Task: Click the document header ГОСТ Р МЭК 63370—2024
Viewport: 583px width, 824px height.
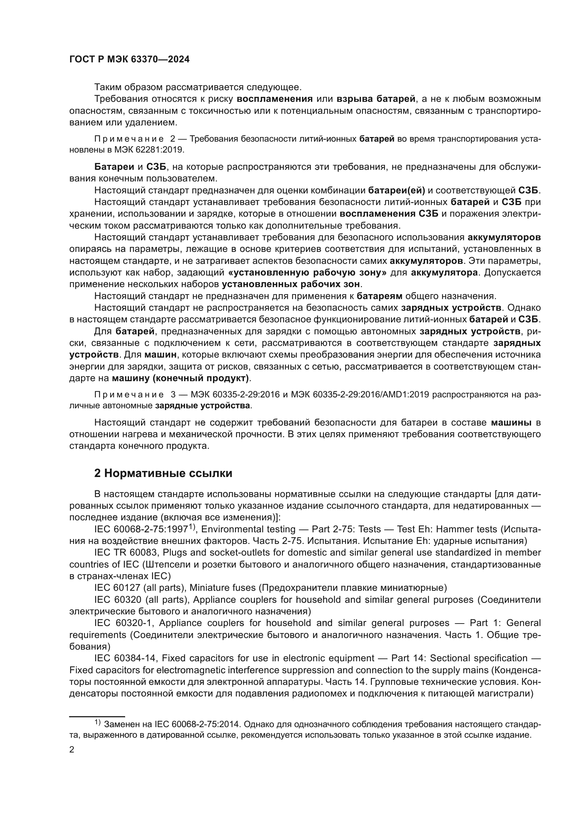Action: point(129,60)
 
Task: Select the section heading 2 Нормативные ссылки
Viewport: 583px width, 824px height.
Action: point(163,473)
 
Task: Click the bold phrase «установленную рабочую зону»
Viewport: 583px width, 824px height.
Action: point(307,272)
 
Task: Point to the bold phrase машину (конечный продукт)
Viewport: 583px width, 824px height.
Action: point(180,378)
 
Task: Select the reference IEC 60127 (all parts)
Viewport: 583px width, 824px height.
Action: point(139,588)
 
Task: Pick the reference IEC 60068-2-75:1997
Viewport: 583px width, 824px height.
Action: point(141,529)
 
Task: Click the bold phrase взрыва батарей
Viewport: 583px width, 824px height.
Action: point(376,99)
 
